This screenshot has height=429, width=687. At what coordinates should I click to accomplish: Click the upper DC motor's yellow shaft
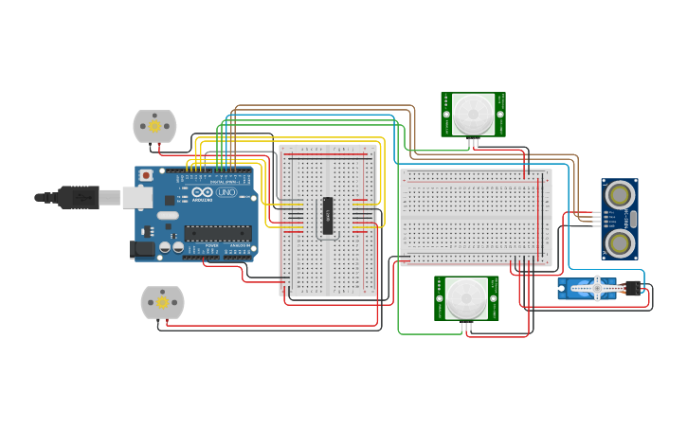click(x=154, y=126)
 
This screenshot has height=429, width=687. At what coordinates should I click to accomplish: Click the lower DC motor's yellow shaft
click(x=162, y=303)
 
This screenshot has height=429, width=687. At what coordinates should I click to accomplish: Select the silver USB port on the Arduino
click(x=138, y=197)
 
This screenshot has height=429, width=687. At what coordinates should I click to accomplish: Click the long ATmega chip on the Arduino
click(x=217, y=233)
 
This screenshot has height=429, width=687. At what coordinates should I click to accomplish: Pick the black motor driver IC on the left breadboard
click(x=328, y=215)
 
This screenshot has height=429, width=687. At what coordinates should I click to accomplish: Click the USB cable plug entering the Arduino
click(x=80, y=197)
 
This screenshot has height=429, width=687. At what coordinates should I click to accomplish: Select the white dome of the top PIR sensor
click(x=472, y=114)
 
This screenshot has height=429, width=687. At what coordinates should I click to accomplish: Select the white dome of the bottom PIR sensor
click(x=466, y=298)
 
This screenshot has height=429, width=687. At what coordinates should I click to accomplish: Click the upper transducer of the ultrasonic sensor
click(x=620, y=195)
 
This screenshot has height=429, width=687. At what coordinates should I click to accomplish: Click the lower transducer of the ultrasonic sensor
click(x=620, y=243)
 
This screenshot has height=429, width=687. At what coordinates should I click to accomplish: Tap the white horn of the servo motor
click(x=598, y=287)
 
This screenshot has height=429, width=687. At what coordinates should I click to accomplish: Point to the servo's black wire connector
click(x=632, y=288)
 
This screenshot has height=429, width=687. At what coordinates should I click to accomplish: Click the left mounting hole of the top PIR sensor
click(x=446, y=114)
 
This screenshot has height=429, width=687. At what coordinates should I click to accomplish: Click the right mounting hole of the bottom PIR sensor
click(x=493, y=298)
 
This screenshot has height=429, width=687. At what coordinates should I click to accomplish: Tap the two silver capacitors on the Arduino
click(x=172, y=247)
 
